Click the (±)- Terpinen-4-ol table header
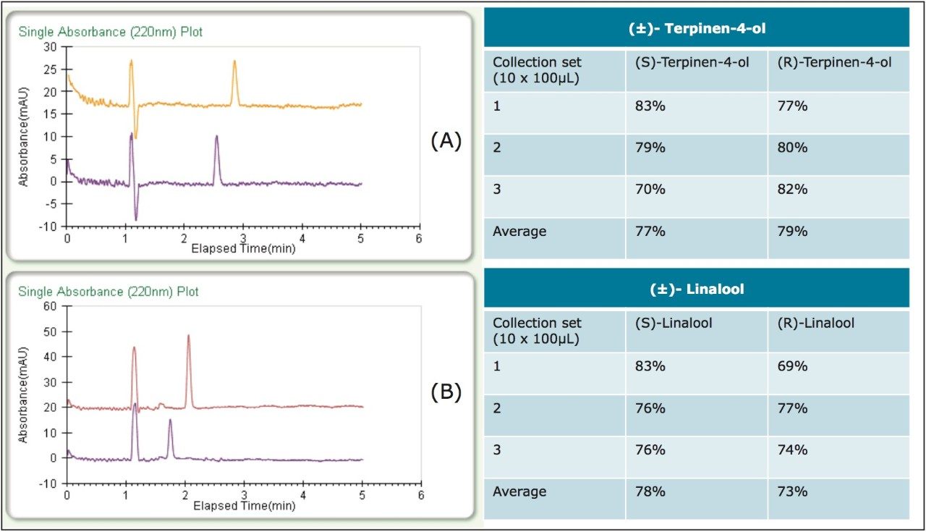click(696, 29)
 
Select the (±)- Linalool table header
click(696, 289)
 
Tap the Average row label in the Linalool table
click(519, 491)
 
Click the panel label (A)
click(446, 141)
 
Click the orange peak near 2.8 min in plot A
click(234, 62)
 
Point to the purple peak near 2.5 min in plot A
click(216, 138)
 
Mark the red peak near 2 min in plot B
click(188, 337)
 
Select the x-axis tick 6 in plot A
click(419, 238)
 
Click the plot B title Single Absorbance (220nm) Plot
click(109, 292)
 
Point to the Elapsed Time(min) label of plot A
click(243, 248)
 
